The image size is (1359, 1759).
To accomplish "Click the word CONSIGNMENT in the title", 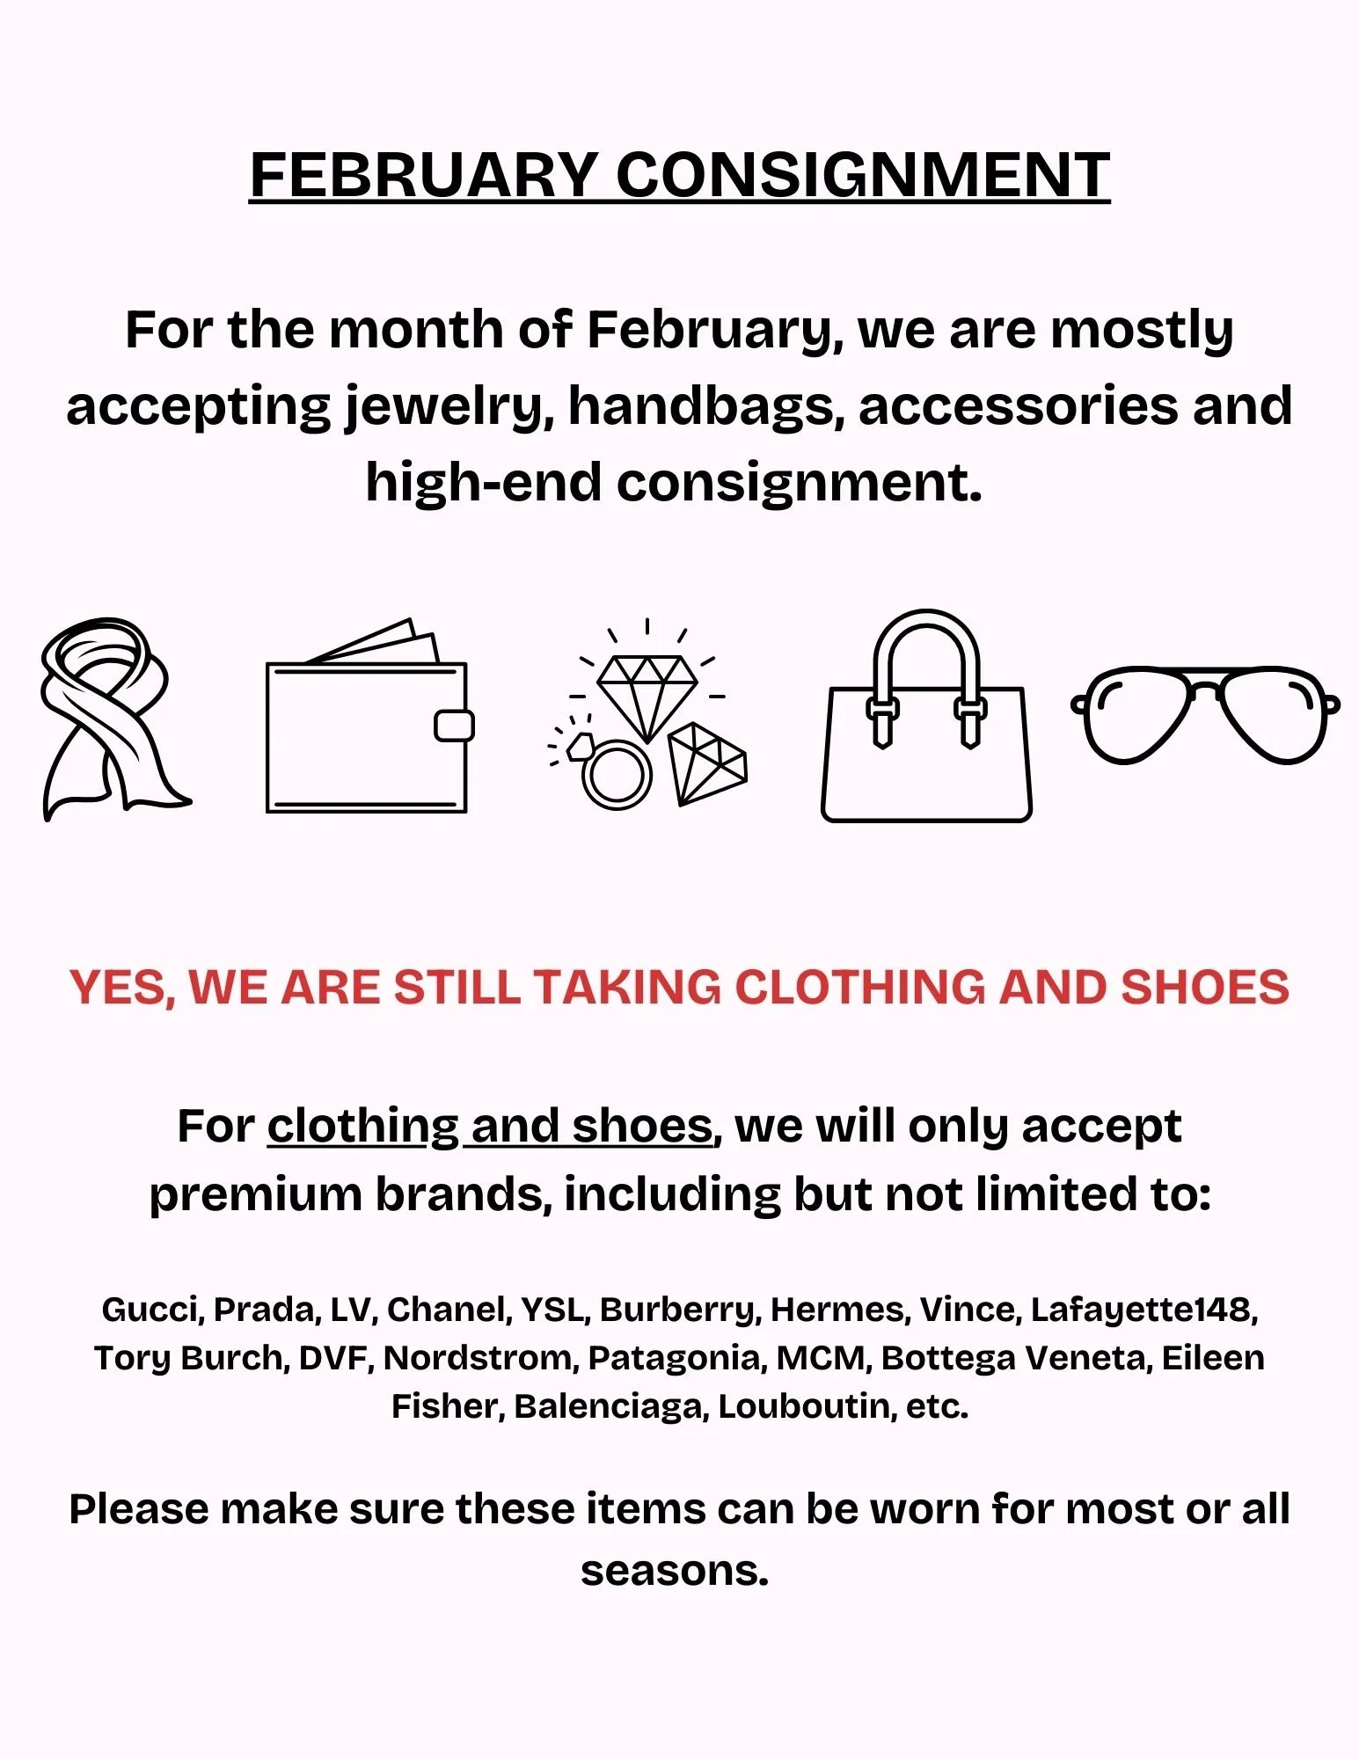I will click(863, 175).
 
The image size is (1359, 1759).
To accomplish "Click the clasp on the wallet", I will click(454, 726).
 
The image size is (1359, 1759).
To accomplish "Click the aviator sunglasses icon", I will click(1205, 714).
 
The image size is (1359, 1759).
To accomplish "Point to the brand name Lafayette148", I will click(1143, 1310).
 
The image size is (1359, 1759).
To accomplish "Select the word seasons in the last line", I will click(675, 1572).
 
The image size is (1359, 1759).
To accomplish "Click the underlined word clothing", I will click(362, 1127).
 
